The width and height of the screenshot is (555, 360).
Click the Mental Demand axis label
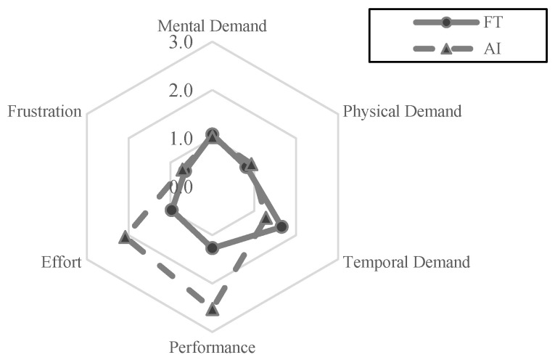point(212,26)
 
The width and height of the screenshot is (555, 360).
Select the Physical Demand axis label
point(402,112)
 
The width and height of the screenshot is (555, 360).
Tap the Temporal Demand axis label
point(406,262)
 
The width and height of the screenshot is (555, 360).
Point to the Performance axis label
point(212,347)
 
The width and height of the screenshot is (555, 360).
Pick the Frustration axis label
point(44,112)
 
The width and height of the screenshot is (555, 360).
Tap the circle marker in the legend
point(447,22)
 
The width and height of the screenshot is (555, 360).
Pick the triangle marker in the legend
point(447,49)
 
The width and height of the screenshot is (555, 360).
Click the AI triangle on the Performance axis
point(212,310)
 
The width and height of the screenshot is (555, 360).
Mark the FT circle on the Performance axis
point(212,248)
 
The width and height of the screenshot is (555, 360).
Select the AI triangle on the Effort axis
point(125,237)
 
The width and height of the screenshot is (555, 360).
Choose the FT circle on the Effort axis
point(171,210)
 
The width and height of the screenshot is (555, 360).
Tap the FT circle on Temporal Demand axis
point(282,226)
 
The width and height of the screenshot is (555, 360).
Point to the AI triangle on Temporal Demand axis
point(266,218)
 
